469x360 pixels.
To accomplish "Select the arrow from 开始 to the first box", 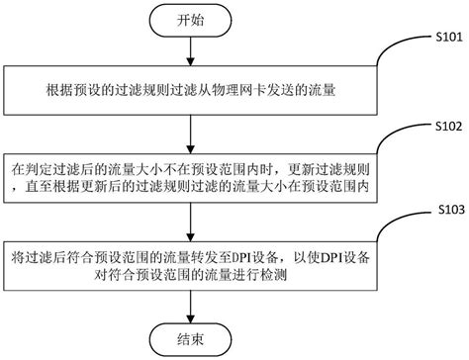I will tap(186, 54).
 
